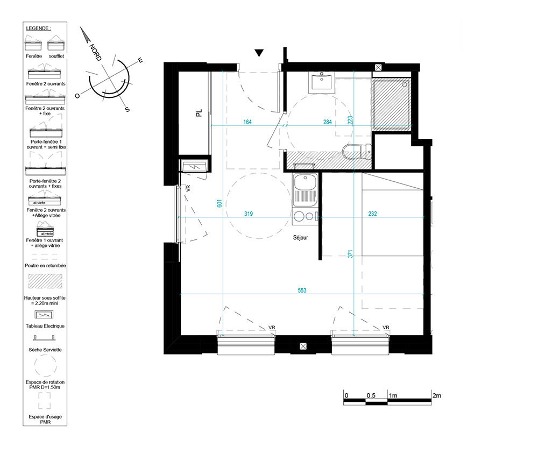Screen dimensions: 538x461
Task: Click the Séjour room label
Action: point(300,237)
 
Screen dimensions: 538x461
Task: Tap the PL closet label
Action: point(199,113)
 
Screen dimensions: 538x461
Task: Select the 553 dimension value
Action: point(302,290)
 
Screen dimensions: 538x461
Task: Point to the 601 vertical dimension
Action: point(220,203)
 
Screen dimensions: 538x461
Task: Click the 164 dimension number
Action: point(247,122)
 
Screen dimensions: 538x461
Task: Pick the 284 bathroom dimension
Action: point(327,122)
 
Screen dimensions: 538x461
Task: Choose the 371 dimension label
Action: point(350,254)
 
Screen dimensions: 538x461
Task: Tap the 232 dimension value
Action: point(373,214)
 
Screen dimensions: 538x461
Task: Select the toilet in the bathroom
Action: point(357,151)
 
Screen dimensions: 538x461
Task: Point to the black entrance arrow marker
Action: point(259,53)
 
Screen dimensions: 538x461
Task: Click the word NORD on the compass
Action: point(95,53)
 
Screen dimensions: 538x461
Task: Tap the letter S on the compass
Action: point(128,109)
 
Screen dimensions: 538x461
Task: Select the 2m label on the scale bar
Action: point(437,395)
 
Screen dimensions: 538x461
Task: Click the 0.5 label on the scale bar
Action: point(371,395)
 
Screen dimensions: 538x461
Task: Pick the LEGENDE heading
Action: point(38,28)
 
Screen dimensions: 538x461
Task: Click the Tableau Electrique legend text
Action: point(45,326)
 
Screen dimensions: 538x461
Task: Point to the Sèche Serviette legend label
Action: point(45,350)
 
